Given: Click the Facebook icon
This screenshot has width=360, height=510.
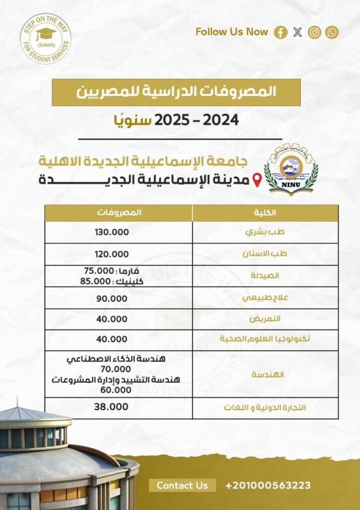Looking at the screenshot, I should [x=281, y=32].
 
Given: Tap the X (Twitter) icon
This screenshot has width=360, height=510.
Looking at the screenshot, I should [x=298, y=32].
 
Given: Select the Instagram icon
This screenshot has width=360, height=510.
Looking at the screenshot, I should [x=315, y=32].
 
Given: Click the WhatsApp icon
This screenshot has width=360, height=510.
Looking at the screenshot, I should [x=332, y=32].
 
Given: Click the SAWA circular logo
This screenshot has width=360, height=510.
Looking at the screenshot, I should [x=45, y=39].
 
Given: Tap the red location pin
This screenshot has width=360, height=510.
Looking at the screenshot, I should [x=257, y=180].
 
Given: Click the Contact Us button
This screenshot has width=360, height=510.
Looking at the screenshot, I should [x=182, y=485].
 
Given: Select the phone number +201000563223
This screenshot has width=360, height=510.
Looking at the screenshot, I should [x=268, y=485].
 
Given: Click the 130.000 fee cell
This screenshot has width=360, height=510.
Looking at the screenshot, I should [x=112, y=232].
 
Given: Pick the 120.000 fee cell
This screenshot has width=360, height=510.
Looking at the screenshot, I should [x=112, y=254].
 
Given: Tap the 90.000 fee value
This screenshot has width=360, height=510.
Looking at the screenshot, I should [x=112, y=298].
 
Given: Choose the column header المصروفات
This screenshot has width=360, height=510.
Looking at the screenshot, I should [x=119, y=213].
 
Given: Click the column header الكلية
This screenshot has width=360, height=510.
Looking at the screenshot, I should [x=264, y=213].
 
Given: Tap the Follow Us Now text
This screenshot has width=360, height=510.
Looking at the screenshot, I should [x=232, y=32].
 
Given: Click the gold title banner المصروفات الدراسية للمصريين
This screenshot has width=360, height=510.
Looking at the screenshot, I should [x=176, y=92].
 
